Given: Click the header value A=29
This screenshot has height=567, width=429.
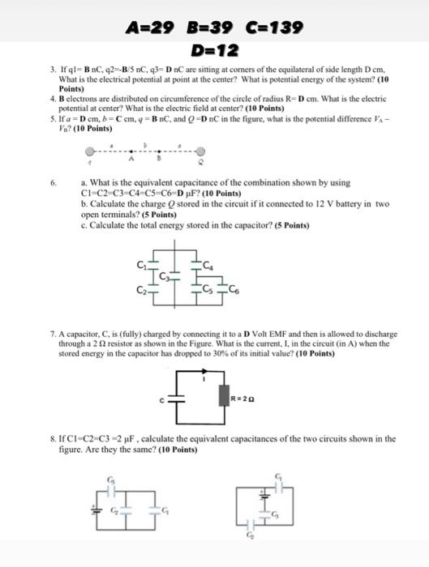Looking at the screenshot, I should tap(152, 28).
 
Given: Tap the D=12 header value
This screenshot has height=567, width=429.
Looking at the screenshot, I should tap(214, 51).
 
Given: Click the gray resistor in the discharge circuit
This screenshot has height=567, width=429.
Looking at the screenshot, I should tap(225, 396).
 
